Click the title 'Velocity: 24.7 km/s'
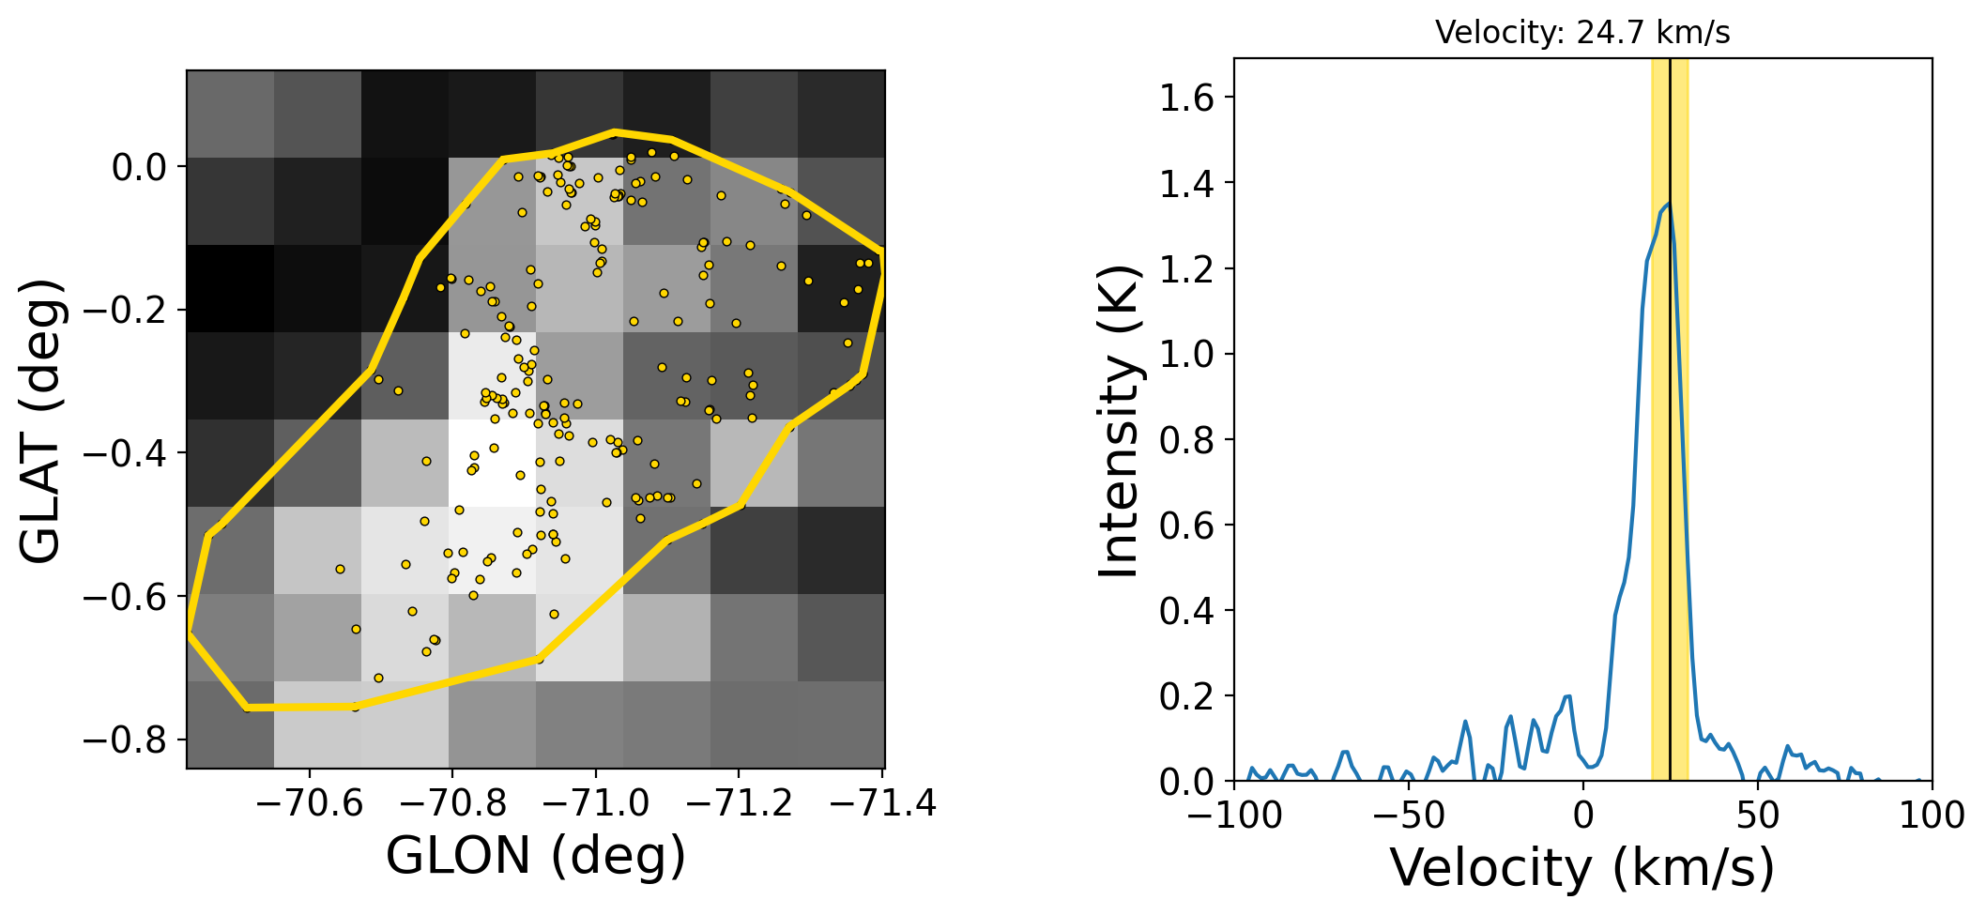[x=1582, y=33]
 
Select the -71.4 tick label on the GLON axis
[x=882, y=804]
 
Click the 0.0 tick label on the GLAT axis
[x=139, y=168]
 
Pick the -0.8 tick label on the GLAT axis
[x=125, y=741]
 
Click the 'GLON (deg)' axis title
[x=536, y=856]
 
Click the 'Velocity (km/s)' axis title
[x=1582, y=867]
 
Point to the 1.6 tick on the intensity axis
[x=1187, y=98]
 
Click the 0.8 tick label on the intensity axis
[x=1187, y=440]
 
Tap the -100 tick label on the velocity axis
[x=1234, y=816]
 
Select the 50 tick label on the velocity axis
[x=1758, y=816]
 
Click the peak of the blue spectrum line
[x=1668, y=204]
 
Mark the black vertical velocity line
[x=1670, y=469]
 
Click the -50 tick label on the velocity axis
[x=1408, y=816]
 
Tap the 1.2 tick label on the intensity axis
[x=1187, y=269]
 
